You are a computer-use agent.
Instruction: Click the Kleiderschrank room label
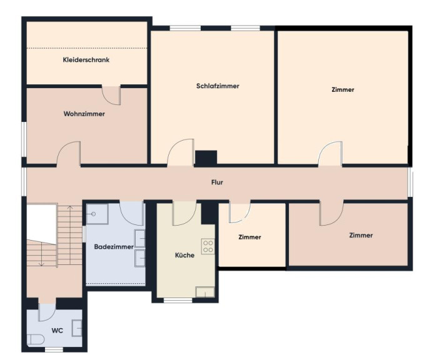click(x=86, y=60)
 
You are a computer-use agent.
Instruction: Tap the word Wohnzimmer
click(x=84, y=114)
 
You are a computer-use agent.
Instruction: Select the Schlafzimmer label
click(x=218, y=86)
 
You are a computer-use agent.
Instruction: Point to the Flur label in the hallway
click(x=217, y=182)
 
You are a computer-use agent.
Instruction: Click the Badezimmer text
click(x=114, y=247)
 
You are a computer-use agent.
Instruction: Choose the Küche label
click(x=184, y=255)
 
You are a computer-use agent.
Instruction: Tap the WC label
click(x=58, y=331)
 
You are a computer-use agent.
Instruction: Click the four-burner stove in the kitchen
click(x=208, y=246)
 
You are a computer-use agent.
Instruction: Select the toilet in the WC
click(x=36, y=339)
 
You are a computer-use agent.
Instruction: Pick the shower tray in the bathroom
click(x=97, y=214)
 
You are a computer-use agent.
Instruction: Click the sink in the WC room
click(x=77, y=328)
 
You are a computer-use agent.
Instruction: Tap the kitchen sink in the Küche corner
click(x=205, y=292)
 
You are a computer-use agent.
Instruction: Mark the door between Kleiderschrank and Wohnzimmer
click(x=111, y=95)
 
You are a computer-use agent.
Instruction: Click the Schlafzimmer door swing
click(x=181, y=152)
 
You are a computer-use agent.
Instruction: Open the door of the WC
click(x=48, y=312)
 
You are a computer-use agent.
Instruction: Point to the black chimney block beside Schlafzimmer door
click(x=206, y=158)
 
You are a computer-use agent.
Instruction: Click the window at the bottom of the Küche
click(x=178, y=300)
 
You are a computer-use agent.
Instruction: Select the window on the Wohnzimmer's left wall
click(x=24, y=139)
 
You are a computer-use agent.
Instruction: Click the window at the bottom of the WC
click(x=54, y=349)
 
